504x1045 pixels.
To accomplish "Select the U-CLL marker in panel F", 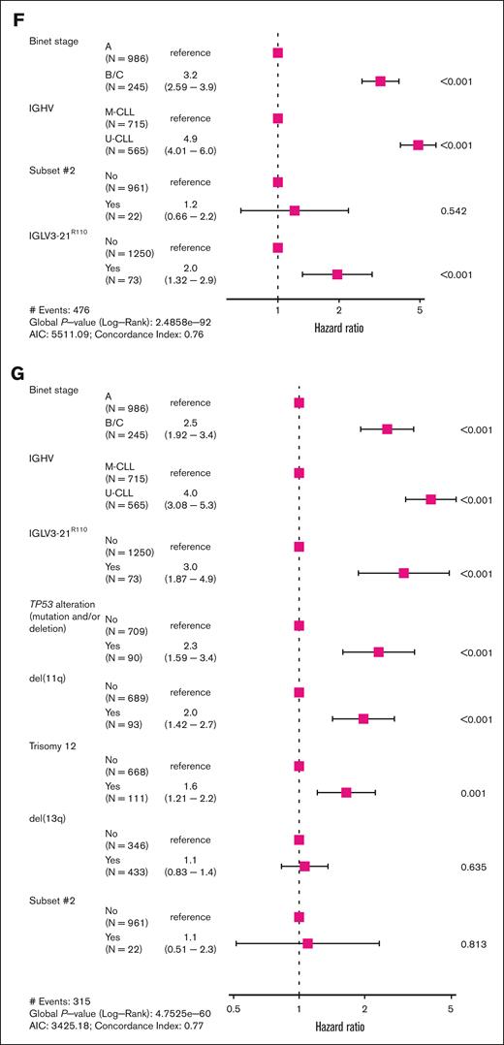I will tap(418, 144).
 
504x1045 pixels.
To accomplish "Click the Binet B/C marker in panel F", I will tap(380, 81).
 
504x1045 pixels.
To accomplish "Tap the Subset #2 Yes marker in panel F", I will tap(295, 209).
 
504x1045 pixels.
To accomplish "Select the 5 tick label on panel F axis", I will tap(420, 310).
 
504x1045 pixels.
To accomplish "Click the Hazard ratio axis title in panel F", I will tap(338, 328).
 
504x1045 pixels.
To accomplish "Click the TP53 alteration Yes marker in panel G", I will tap(378, 651).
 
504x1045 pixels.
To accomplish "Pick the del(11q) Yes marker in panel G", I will tap(363, 718).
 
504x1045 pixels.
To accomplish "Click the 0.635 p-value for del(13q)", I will tap(475, 867).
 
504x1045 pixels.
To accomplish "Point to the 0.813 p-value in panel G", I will tap(475, 943).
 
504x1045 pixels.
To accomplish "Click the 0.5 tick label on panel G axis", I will tap(233, 1008).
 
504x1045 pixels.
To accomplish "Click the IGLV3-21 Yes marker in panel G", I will tap(403, 573).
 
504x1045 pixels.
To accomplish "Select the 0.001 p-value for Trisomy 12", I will tap(475, 792).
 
